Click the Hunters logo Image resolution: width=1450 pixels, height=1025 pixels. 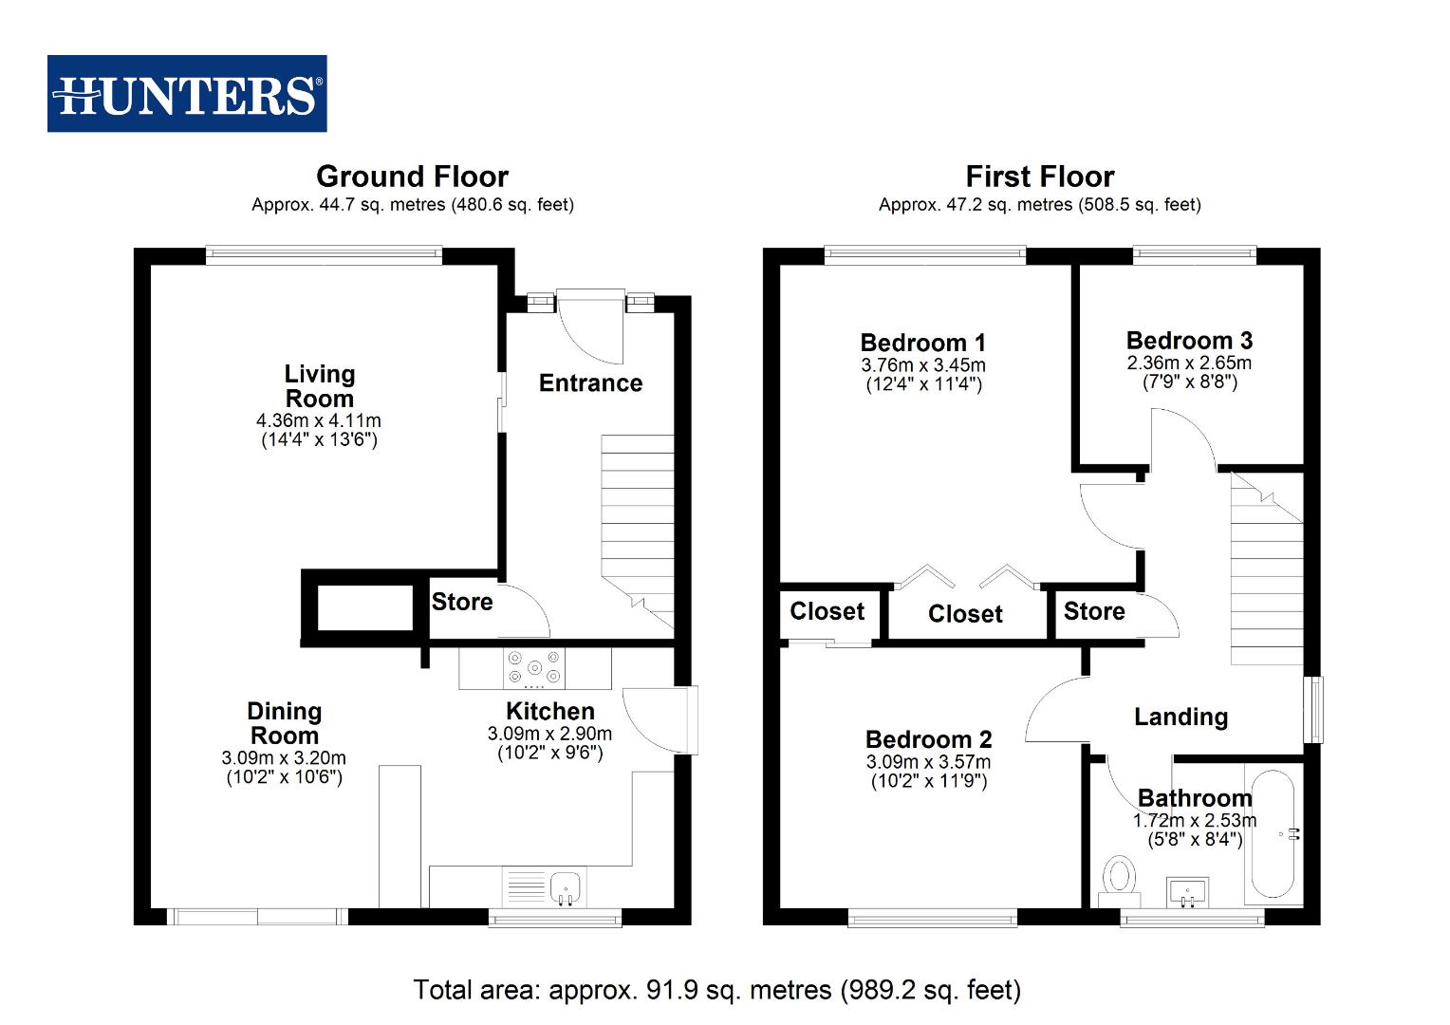pyautogui.click(x=187, y=93)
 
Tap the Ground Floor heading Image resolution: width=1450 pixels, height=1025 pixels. pyautogui.click(x=412, y=177)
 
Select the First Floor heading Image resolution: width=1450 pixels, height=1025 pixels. pyautogui.click(x=1039, y=177)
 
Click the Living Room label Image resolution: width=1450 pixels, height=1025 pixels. pyautogui.click(x=320, y=386)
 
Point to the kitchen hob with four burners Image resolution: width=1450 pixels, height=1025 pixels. pyautogui.click(x=534, y=667)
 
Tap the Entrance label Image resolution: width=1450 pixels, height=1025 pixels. pyautogui.click(x=590, y=382)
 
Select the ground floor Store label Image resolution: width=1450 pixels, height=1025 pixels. pyautogui.click(x=462, y=602)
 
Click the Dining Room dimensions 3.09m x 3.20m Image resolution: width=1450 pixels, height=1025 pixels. pyautogui.click(x=284, y=758)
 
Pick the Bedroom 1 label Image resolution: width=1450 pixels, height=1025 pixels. pyautogui.click(x=922, y=343)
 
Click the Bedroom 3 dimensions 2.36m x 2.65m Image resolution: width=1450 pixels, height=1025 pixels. pyautogui.click(x=1189, y=363)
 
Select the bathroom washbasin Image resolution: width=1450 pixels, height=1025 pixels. pyautogui.click(x=1187, y=891)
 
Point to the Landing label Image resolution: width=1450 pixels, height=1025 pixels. pyautogui.click(x=1180, y=717)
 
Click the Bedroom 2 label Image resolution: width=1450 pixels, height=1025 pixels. pyautogui.click(x=928, y=739)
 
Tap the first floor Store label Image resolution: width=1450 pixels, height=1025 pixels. pyautogui.click(x=1093, y=611)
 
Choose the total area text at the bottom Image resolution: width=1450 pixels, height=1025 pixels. pyautogui.click(x=716, y=990)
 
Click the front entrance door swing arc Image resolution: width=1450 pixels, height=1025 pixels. pyautogui.click(x=592, y=331)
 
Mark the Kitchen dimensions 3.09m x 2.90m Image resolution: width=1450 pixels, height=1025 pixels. pyautogui.click(x=549, y=734)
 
